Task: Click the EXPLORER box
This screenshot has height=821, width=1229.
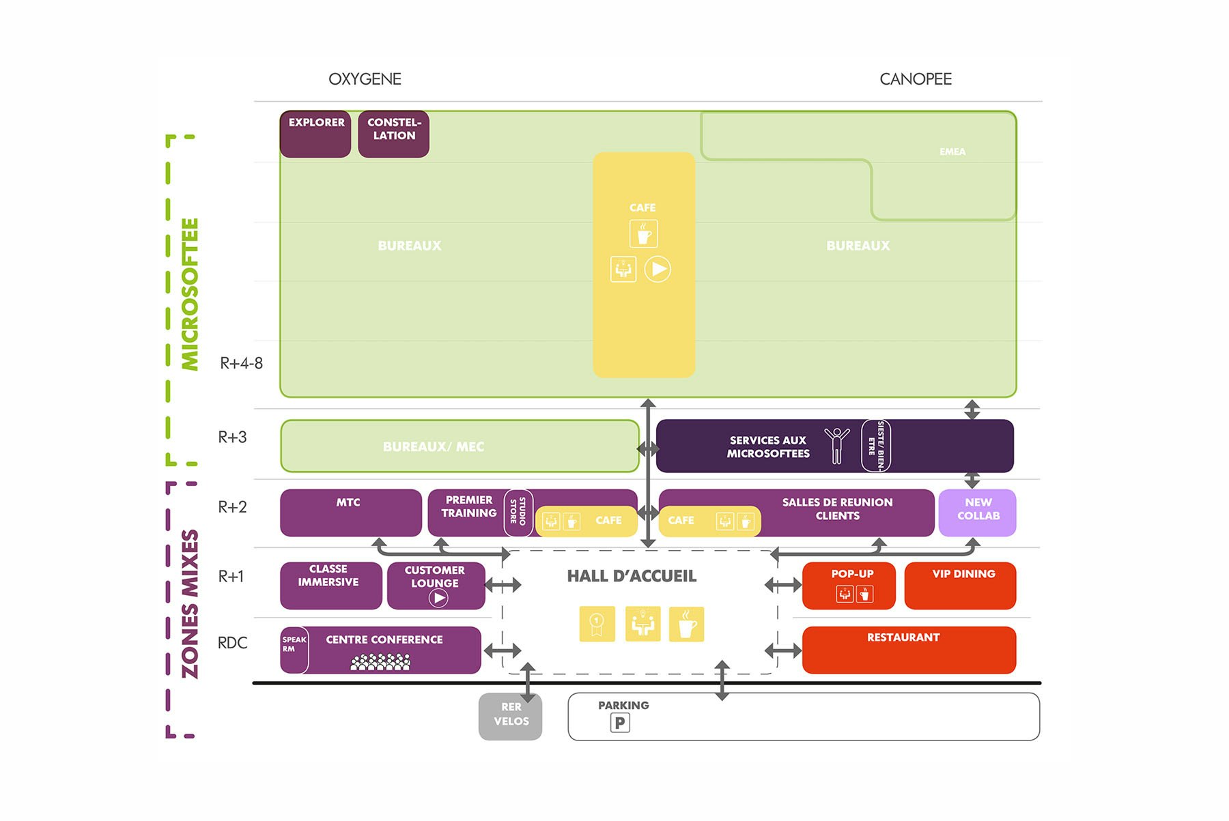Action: click(315, 134)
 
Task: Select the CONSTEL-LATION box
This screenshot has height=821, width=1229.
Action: click(394, 134)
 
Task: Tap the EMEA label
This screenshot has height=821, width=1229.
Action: click(952, 152)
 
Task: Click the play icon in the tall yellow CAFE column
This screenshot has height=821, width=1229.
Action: click(658, 269)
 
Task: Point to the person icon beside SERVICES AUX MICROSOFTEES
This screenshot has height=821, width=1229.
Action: click(836, 446)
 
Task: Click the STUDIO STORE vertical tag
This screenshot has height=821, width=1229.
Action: click(518, 512)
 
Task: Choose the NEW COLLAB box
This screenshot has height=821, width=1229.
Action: click(978, 513)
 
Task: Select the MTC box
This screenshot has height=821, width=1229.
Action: click(351, 513)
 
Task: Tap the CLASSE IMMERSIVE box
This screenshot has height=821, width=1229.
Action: click(331, 586)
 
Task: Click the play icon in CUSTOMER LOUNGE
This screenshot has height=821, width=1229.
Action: click(438, 599)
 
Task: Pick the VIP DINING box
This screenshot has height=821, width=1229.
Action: click(960, 586)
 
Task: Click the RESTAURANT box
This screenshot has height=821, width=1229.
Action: click(909, 650)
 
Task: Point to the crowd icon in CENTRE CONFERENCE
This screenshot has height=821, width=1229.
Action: click(380, 661)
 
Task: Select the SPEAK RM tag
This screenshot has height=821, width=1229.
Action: click(294, 650)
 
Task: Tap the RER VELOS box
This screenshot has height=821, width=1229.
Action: click(511, 716)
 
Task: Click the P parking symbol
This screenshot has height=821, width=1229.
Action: click(620, 723)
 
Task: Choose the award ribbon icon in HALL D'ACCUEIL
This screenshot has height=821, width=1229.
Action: click(597, 624)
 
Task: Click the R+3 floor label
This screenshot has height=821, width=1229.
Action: click(232, 437)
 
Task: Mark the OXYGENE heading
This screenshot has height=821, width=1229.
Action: click(365, 79)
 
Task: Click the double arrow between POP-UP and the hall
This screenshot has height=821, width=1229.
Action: click(782, 585)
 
